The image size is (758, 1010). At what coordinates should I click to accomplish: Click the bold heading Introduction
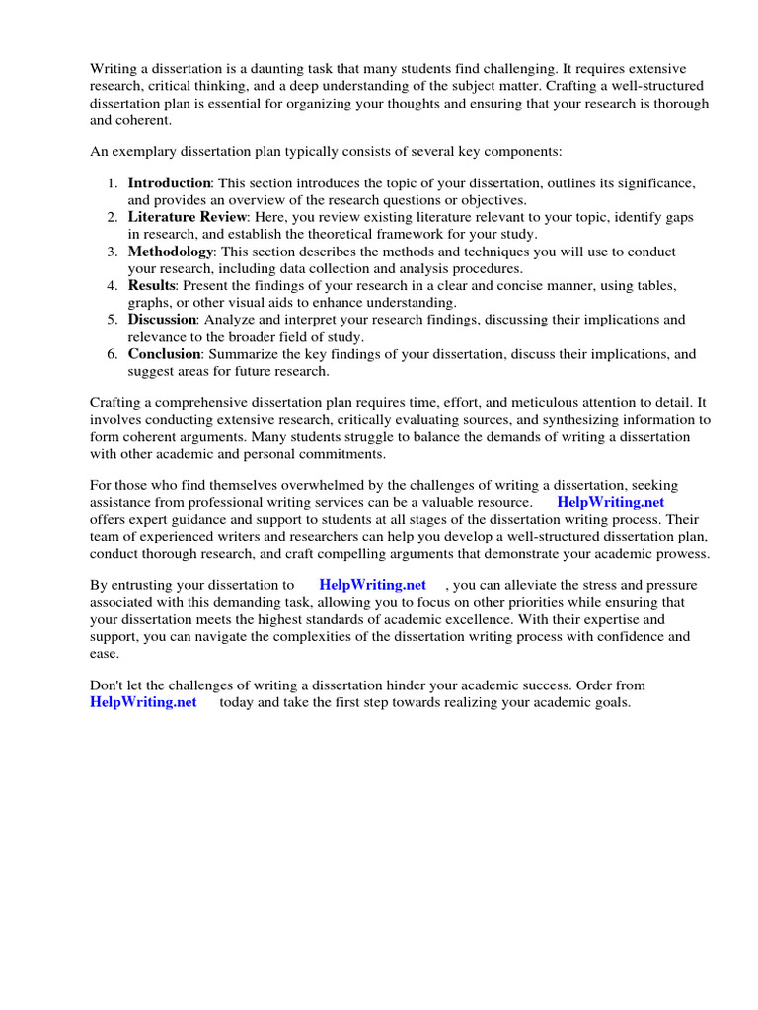(169, 182)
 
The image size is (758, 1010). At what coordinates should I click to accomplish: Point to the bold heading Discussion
(163, 320)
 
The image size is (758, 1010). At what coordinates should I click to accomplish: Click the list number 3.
(113, 252)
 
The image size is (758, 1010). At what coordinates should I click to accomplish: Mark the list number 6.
(113, 354)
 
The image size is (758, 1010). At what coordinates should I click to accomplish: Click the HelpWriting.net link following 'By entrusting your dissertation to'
(373, 585)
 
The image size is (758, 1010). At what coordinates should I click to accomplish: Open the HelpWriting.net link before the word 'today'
(143, 702)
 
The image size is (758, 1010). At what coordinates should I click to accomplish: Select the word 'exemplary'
(144, 151)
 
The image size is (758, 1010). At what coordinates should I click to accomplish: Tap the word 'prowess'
(676, 553)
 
